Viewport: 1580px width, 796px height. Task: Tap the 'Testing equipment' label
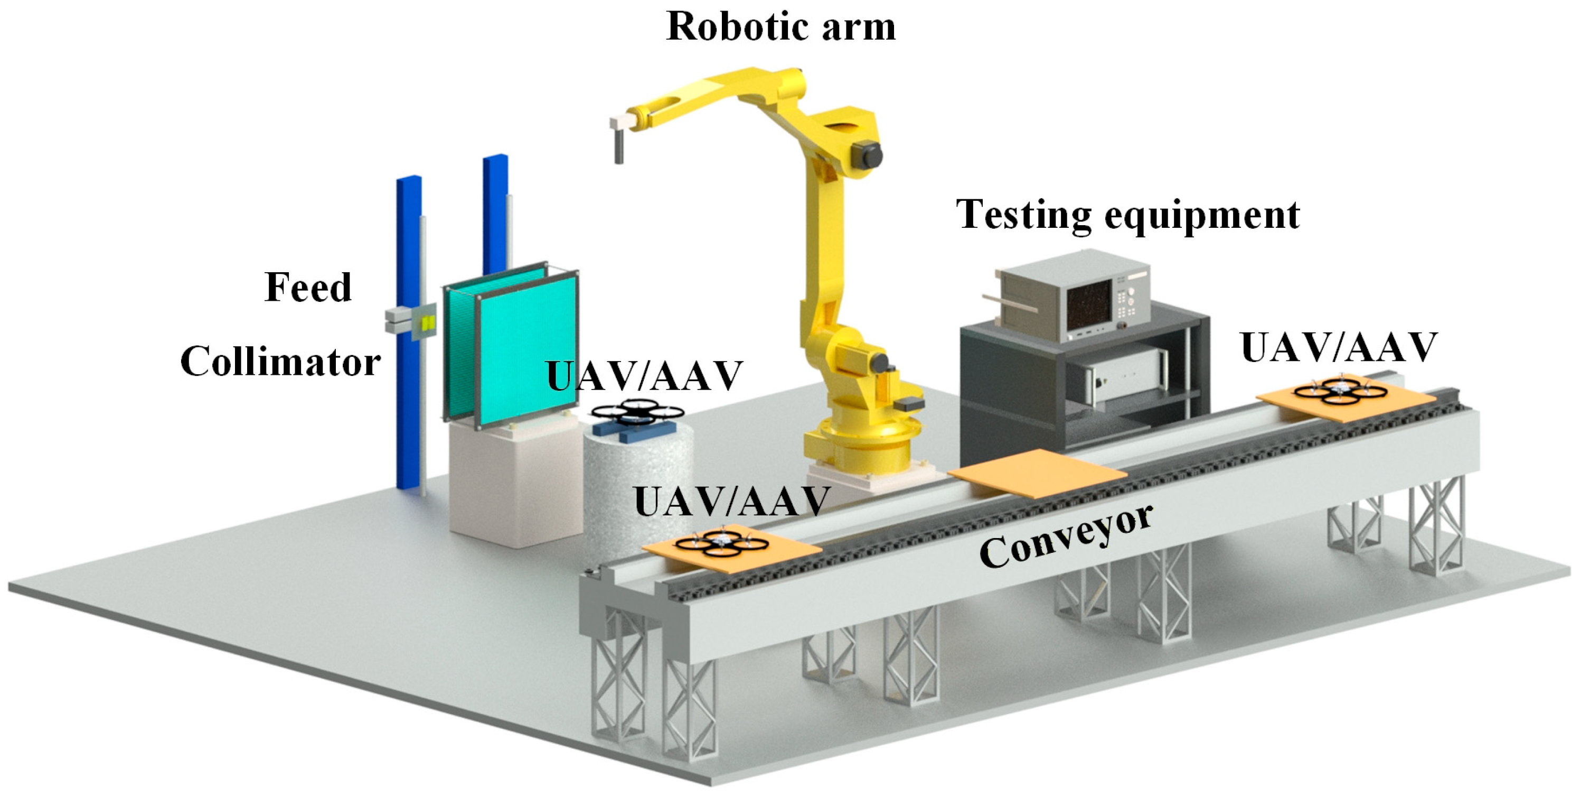[1127, 215]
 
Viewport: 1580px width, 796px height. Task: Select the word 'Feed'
[308, 287]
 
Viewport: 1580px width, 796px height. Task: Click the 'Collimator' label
[280, 362]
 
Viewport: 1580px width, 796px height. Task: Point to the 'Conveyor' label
[1066, 536]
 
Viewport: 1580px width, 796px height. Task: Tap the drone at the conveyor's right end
[1340, 391]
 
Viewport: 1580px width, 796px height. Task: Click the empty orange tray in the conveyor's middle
[1037, 473]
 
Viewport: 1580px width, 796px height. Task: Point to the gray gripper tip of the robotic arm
[619, 147]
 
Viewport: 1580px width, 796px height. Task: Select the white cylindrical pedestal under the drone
[638, 485]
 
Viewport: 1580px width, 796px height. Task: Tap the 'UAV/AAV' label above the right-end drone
[1339, 348]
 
